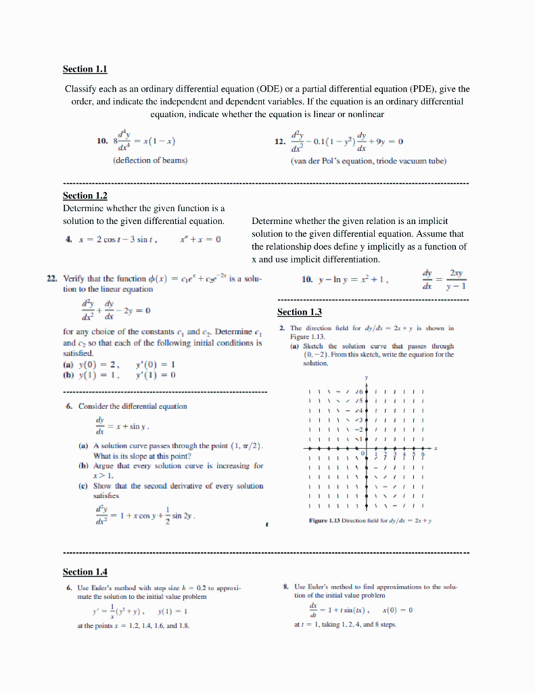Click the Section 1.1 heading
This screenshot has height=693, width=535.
pyautogui.click(x=85, y=69)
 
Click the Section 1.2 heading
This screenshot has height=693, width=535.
pyautogui.click(x=85, y=196)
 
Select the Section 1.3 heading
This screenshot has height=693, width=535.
pyautogui.click(x=300, y=312)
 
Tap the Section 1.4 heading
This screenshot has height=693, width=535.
pyautogui.click(x=85, y=572)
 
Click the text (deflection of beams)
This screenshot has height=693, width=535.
pyautogui.click(x=150, y=160)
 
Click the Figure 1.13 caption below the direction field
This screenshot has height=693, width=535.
pyautogui.click(x=370, y=520)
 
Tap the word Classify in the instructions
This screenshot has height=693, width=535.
pyautogui.click(x=81, y=89)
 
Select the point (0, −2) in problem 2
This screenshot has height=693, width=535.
pyautogui.click(x=318, y=354)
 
